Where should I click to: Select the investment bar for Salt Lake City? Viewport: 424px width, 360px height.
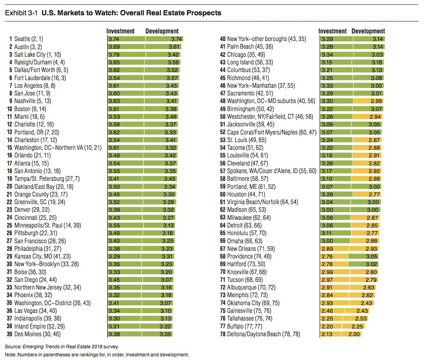click(x=125, y=55)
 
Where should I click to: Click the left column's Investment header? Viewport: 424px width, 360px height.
click(x=120, y=31)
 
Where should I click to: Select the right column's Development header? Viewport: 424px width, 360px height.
click(x=368, y=31)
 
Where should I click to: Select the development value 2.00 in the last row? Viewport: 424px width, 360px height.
click(x=354, y=334)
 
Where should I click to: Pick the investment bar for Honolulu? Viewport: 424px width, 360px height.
click(x=335, y=233)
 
